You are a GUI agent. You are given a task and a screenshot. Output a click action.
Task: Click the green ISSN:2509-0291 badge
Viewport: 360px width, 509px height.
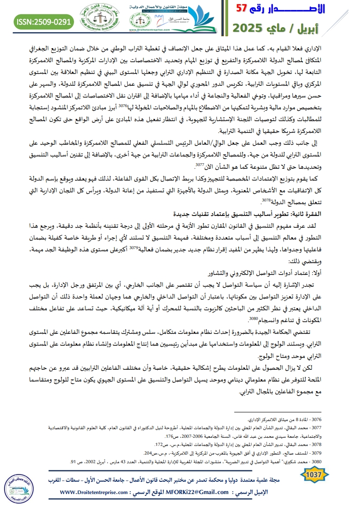pyautogui.click(x=44, y=21)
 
